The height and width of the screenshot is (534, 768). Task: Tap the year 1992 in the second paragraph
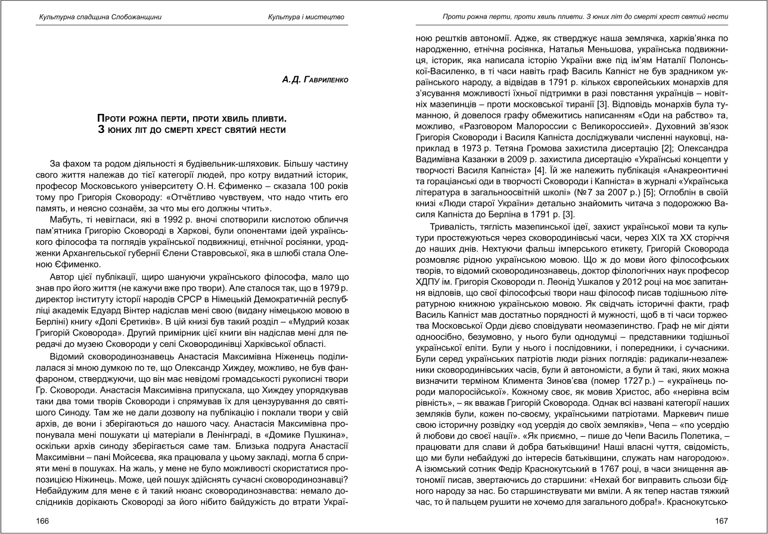coord(135,219)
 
